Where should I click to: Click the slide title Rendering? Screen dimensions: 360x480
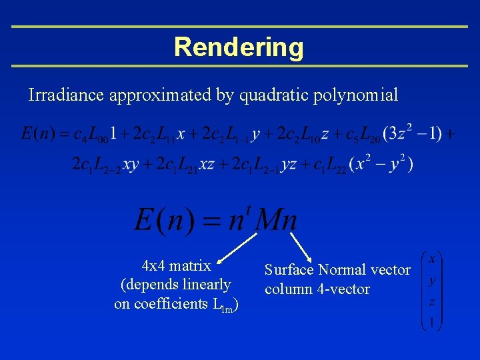click(x=239, y=47)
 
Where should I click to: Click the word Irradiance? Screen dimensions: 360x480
click(x=66, y=95)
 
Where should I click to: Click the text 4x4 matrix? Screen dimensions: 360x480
click(x=177, y=266)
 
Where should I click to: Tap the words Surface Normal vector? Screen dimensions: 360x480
click(x=337, y=270)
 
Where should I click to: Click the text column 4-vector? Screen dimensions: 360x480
click(x=317, y=289)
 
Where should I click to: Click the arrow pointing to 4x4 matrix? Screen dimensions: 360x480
click(x=235, y=248)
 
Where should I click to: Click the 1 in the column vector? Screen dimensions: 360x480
click(x=432, y=323)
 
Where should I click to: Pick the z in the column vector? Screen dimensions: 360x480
click(x=432, y=302)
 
